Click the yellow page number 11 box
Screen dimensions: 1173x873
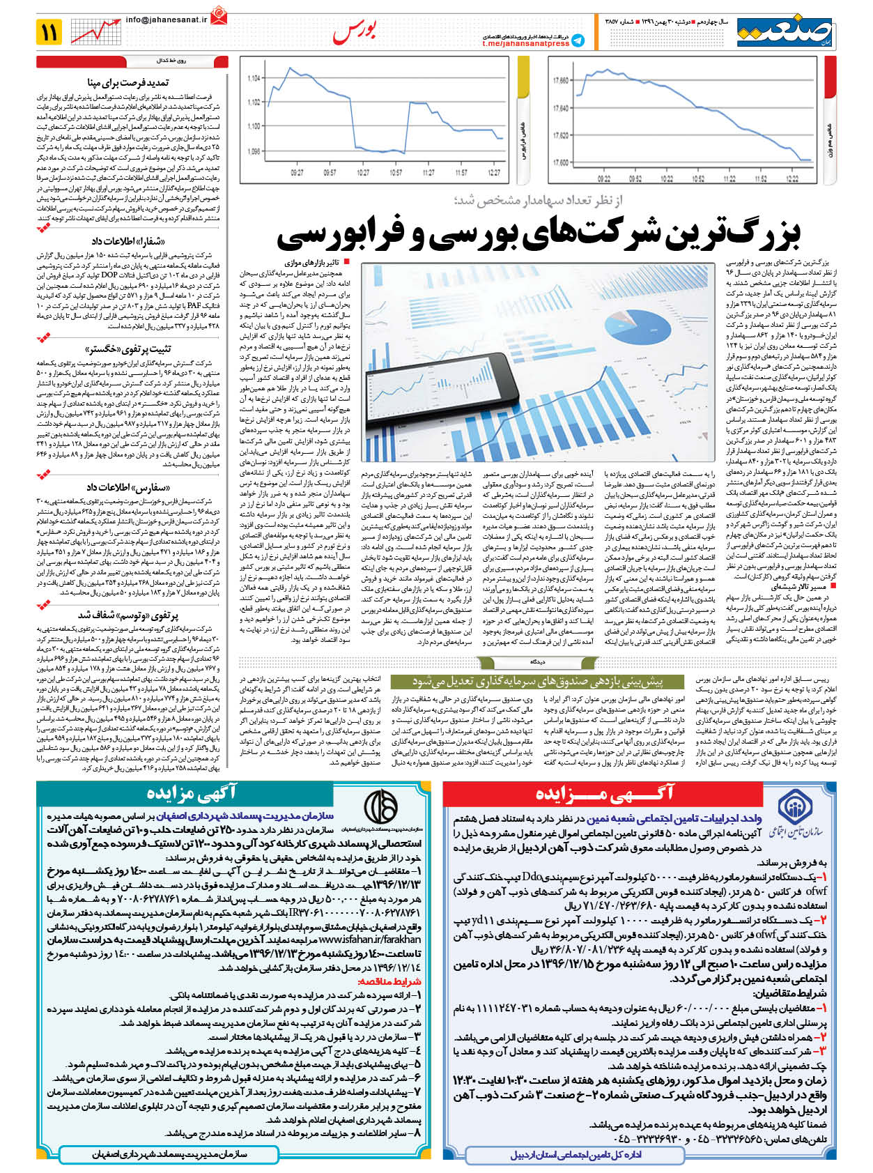[x=50, y=32]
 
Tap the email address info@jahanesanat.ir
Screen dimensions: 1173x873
[x=167, y=20]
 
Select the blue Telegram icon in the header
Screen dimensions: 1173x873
[x=578, y=41]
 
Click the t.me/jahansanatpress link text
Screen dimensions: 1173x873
[x=525, y=44]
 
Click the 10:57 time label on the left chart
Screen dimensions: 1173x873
[x=396, y=173]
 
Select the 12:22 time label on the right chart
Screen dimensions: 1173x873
[x=792, y=179]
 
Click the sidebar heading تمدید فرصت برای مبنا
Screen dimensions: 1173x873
[x=129, y=83]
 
